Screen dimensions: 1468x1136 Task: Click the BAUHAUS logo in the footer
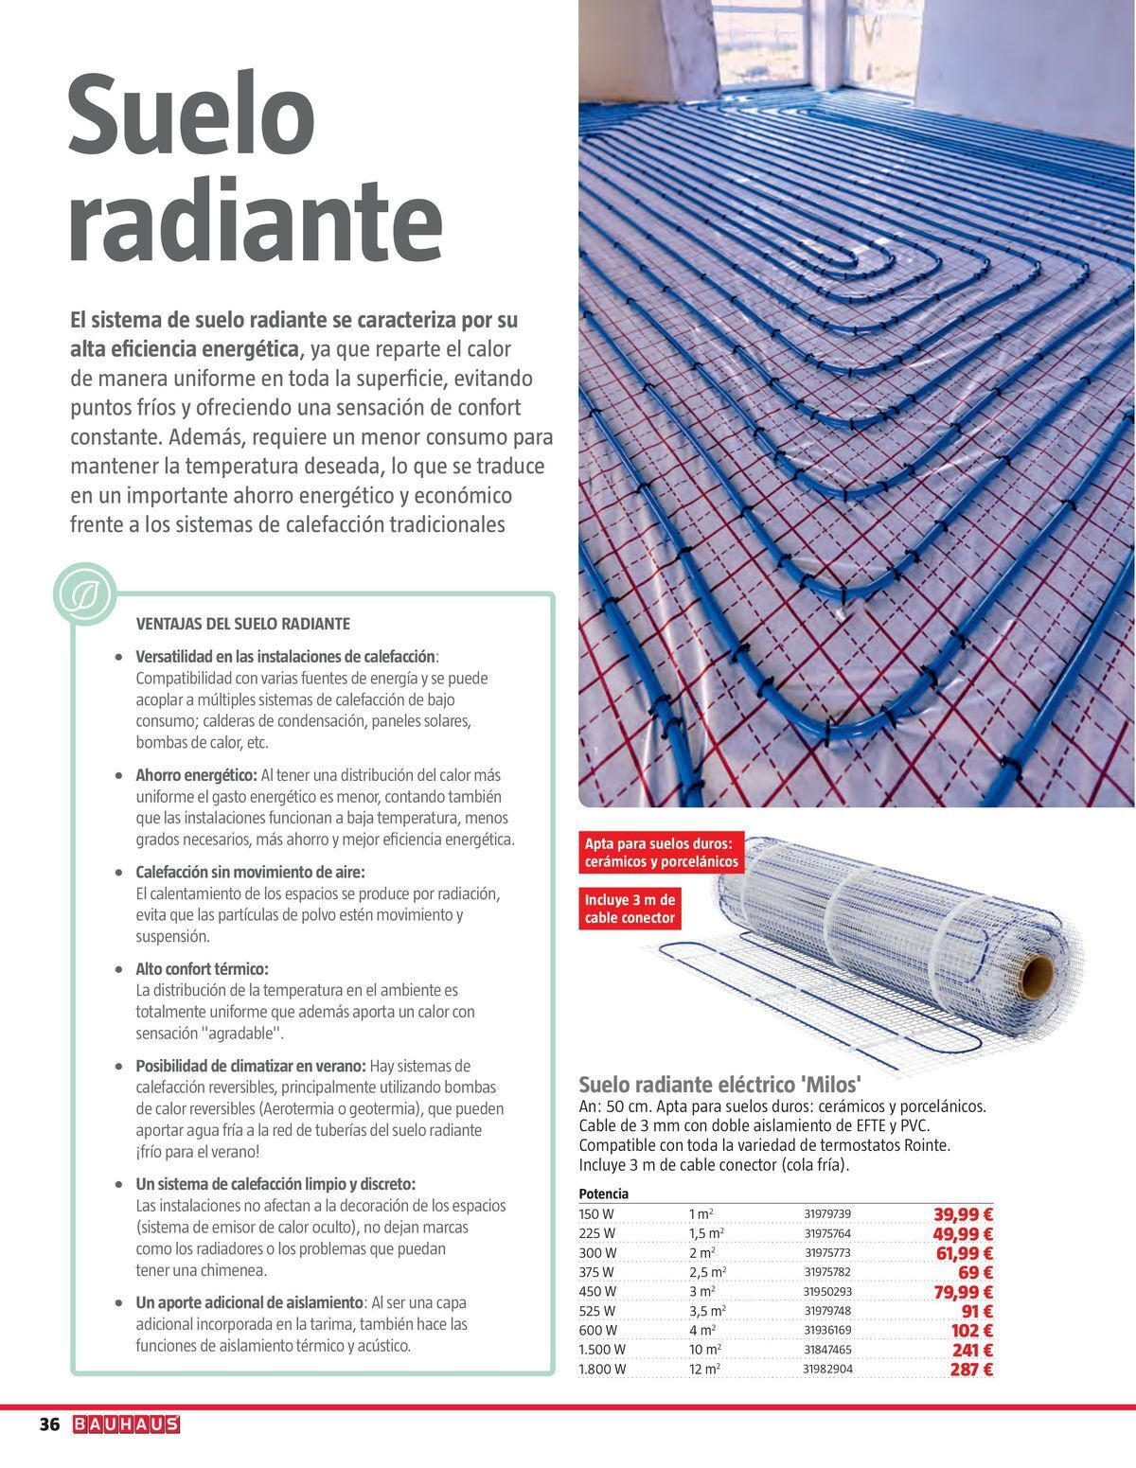[x=126, y=1424]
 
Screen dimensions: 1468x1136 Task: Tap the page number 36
[x=49, y=1424]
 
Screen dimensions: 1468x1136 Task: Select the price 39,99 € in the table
[x=963, y=1214]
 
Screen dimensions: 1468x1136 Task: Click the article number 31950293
[x=827, y=1292]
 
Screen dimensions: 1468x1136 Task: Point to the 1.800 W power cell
[x=602, y=1370]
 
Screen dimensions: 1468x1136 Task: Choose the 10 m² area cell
[x=704, y=1350]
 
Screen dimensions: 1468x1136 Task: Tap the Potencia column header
[x=603, y=1194]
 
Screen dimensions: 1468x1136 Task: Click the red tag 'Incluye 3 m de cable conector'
[x=630, y=909]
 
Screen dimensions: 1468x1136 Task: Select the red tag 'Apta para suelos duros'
[x=661, y=853]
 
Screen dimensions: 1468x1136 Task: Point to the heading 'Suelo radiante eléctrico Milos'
[x=719, y=1085]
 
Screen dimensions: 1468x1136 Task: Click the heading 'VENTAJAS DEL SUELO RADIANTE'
[x=243, y=624]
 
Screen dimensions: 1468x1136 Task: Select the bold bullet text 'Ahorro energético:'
[x=197, y=774]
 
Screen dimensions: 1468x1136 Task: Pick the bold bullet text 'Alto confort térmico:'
[x=203, y=969]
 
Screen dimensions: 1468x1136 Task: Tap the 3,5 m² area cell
[x=707, y=1311]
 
